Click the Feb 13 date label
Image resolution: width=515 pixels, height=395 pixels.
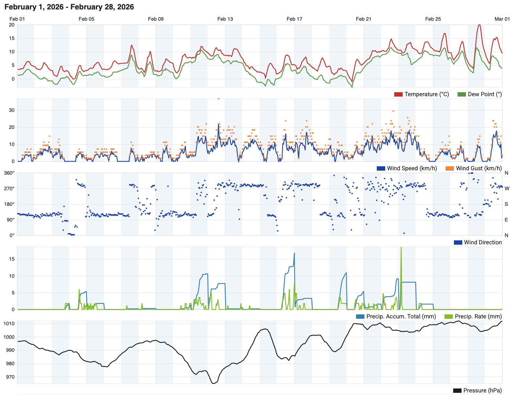coord(225,19)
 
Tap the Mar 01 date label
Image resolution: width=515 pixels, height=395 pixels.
coord(502,19)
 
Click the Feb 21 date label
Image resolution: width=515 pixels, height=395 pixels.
coord(364,19)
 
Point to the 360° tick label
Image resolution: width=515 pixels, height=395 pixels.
coord(9,173)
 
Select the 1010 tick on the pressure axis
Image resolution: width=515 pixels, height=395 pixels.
coord(9,324)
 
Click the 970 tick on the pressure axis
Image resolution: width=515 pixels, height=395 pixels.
coord(10,377)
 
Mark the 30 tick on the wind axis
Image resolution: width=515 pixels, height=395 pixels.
coord(12,110)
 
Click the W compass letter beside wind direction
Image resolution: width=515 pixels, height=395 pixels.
coord(507,189)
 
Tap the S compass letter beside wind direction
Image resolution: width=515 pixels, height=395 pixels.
coord(507,204)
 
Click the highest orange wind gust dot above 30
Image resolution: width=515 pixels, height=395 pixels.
coord(219,99)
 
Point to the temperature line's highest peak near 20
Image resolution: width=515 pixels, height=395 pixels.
coord(479,25)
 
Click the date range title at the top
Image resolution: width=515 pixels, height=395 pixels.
coord(69,7)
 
